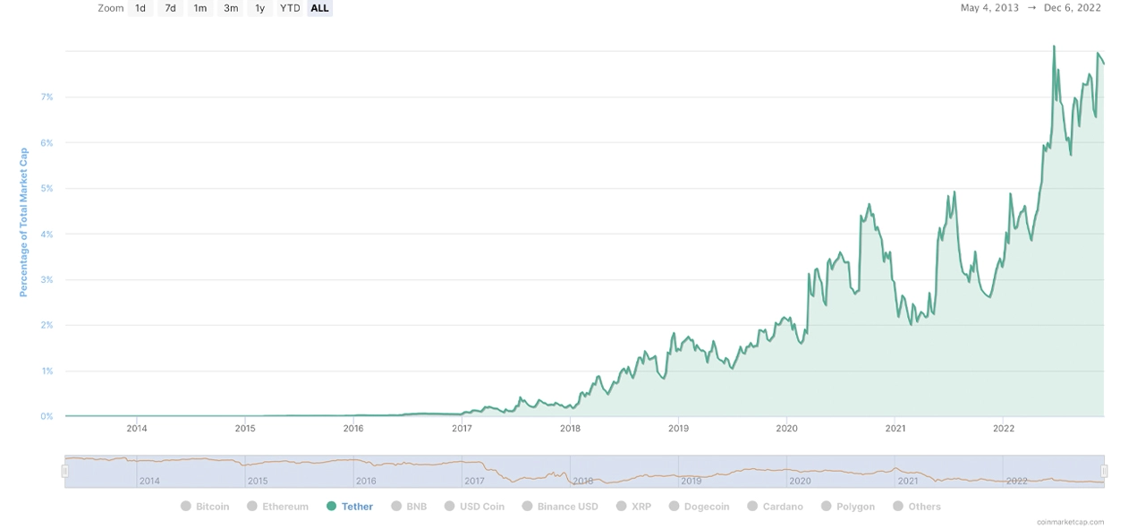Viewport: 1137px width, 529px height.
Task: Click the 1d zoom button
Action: pos(140,8)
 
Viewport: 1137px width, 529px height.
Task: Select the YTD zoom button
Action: pos(290,8)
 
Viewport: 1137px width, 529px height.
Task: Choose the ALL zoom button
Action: pos(319,8)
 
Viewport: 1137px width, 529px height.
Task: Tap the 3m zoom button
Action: pos(231,8)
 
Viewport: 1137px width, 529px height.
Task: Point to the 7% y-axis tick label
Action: pos(47,97)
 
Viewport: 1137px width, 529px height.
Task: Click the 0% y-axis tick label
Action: pos(47,416)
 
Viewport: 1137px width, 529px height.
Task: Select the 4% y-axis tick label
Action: pos(47,235)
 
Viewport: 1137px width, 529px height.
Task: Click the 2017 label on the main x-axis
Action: pos(462,429)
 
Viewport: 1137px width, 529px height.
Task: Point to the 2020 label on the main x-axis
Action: pos(786,429)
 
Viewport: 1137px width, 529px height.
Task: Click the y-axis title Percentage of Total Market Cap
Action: pos(24,222)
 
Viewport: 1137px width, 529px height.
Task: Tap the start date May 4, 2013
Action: pos(989,8)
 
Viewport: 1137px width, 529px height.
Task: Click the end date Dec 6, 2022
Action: pos(1072,8)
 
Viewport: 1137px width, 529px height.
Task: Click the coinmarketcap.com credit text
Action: pos(1070,522)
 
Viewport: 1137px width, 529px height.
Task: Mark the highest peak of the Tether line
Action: pos(1054,46)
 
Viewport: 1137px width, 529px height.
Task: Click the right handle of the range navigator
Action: pos(1104,471)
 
